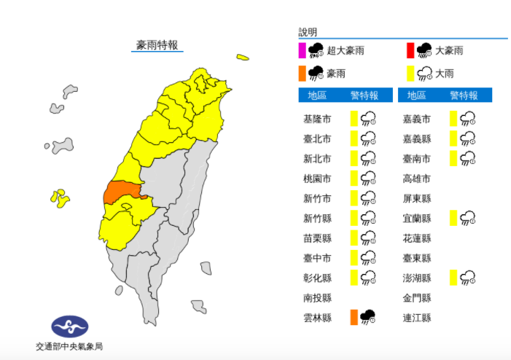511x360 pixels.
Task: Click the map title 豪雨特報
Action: coord(157,45)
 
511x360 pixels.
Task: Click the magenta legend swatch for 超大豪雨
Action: coord(302,50)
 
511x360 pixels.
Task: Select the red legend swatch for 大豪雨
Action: coord(410,50)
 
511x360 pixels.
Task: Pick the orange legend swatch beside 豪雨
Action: coord(302,73)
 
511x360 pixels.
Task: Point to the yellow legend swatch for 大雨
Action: coord(410,73)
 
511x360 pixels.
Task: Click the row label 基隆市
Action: coord(317,119)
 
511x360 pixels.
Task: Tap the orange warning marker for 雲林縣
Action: coord(354,317)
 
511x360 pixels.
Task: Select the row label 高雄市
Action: coord(416,179)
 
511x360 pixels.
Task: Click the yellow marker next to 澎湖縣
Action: coord(454,277)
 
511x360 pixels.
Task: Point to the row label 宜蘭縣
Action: coord(416,218)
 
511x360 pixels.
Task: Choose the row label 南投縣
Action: coord(317,297)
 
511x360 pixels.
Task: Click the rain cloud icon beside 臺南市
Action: coord(468,158)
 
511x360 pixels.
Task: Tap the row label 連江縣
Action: coord(416,317)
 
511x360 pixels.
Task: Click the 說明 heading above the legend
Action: coord(308,32)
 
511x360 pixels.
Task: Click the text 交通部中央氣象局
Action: coord(69,346)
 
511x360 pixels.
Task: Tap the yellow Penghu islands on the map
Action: coord(59,197)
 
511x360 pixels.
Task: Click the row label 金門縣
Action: coord(416,297)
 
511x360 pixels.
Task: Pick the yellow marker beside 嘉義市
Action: coord(453,119)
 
